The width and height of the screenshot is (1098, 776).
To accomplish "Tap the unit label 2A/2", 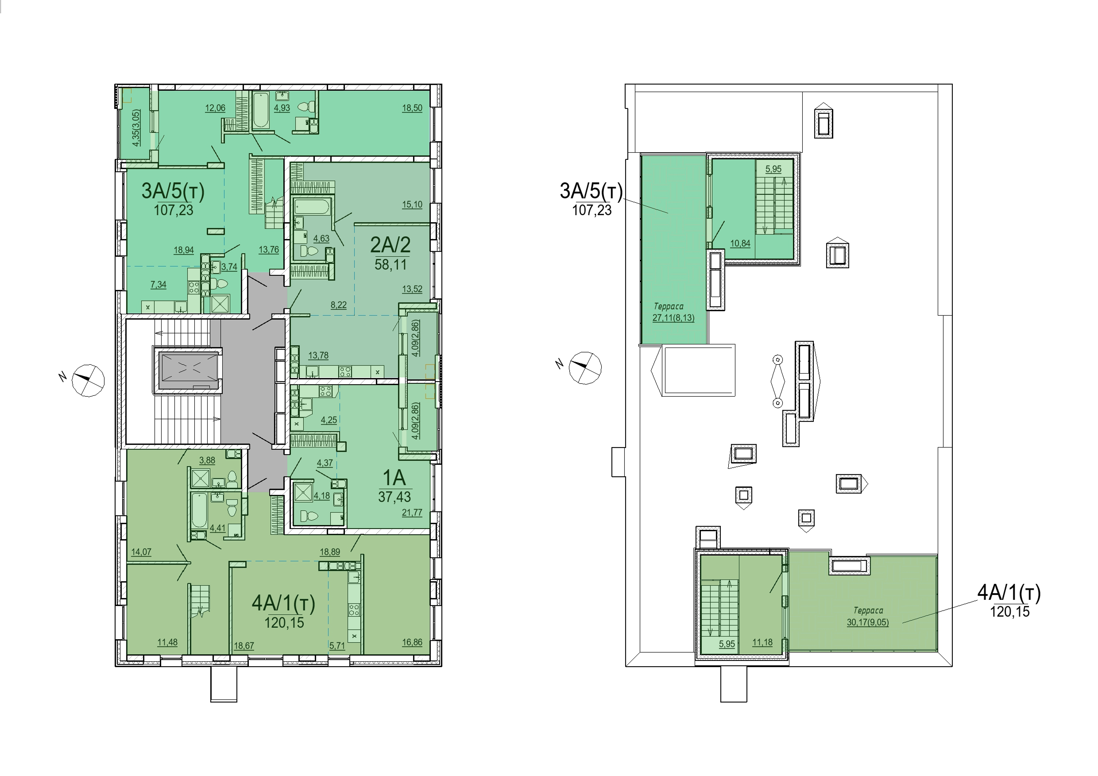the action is coord(390,245).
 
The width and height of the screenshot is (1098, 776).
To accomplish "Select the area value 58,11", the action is coord(390,264).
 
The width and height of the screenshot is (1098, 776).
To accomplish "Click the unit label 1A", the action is coord(394,478).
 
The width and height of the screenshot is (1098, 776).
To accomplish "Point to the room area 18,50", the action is coord(412,108).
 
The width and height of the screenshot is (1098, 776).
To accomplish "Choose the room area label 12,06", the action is coord(215,108).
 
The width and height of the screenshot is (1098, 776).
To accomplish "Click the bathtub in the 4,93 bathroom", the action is coord(261,111).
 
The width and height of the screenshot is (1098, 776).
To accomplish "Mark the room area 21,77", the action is coord(412,513).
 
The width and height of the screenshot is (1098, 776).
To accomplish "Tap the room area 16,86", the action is coord(412,642).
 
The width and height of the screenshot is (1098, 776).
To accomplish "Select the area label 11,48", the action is coord(167,642).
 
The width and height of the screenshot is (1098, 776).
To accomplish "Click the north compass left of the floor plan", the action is coord(88,381).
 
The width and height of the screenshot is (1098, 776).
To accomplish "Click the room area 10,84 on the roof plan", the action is coord(740,243).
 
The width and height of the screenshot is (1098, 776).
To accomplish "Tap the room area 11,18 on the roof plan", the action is coord(762,642).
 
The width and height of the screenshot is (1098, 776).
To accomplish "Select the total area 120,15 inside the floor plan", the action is coord(284,622).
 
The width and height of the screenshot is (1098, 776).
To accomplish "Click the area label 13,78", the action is coord(318,355).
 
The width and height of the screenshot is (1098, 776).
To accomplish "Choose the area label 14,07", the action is coord(141,552).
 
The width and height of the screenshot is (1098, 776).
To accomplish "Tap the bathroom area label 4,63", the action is coord(321,239).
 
